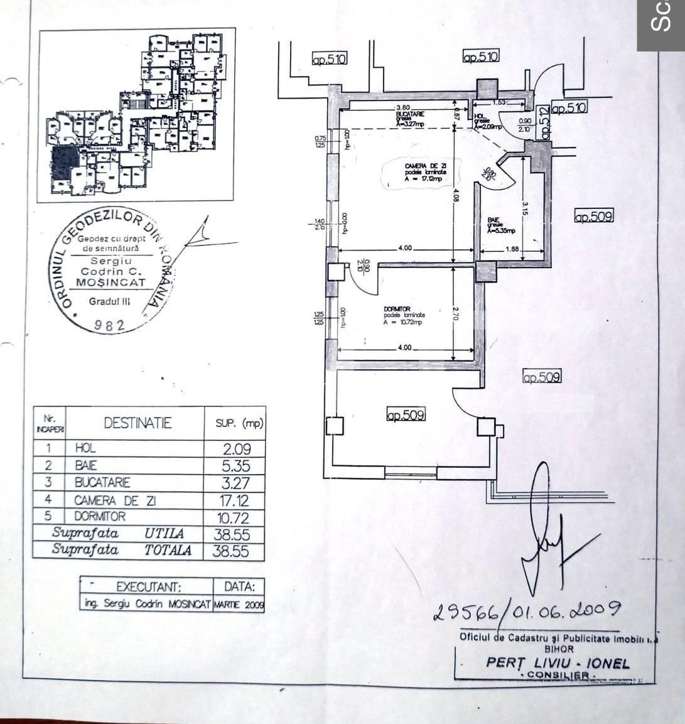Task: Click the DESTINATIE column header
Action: point(138,423)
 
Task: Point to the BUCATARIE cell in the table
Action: point(102,483)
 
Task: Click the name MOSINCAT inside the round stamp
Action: point(111,283)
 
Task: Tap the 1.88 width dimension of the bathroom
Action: point(512,249)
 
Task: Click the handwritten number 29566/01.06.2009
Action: point(527,610)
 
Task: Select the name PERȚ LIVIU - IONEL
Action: point(557,663)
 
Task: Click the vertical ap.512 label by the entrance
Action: point(544,123)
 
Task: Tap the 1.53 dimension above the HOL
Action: point(499,102)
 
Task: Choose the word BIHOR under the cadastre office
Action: point(559,649)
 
